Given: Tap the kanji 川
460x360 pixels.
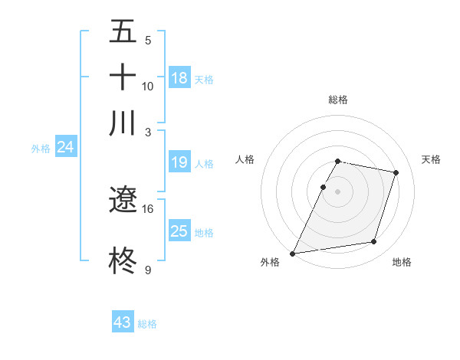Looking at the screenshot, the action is pos(123,123).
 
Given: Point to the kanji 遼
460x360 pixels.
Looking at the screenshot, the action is pos(123,201).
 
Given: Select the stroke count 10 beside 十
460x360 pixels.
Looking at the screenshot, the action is pos(148,86).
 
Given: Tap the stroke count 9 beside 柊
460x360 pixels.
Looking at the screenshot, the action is pos(148,270).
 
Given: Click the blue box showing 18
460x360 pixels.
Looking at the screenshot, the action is pos(179,78).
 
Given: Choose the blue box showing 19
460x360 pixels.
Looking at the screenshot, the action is pos(179,162).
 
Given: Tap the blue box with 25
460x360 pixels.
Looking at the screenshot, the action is pos(179,231).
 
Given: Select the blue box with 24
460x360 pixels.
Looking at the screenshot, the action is pos(65,147).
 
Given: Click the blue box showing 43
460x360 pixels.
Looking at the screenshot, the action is pos(123,322).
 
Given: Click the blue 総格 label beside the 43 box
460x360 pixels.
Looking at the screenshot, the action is pos(147,324).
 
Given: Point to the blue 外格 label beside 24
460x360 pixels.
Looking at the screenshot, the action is pos(41,149).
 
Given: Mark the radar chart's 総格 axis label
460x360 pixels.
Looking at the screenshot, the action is pos(338,100).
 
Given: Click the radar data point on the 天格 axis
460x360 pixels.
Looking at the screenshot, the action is pos(396,172).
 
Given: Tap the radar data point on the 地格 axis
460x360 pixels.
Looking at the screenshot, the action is pos(374,242).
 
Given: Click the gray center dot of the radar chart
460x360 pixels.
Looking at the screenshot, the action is pos(338,191).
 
